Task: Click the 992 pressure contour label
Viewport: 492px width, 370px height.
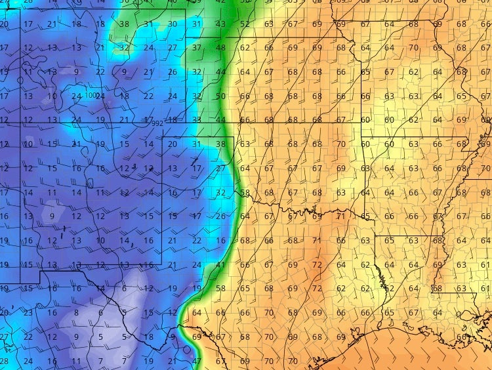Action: [x=157, y=123]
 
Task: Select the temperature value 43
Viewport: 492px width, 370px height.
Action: [x=220, y=24]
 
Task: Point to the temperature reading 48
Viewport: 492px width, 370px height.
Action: [x=220, y=48]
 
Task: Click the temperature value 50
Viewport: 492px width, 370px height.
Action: [x=220, y=96]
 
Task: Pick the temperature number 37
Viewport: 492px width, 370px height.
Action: [x=197, y=48]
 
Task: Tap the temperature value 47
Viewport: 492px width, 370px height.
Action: [x=197, y=361]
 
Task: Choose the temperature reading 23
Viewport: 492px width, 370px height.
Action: [x=28, y=313]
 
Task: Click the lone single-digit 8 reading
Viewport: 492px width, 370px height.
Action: [x=76, y=313]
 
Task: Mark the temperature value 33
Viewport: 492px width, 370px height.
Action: [x=197, y=120]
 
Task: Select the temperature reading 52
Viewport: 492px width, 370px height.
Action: [x=245, y=24]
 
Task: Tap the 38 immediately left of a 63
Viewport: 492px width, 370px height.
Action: [x=220, y=144]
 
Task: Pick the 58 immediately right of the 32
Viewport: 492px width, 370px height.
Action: [x=245, y=193]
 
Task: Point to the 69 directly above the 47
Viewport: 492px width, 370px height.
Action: [x=197, y=337]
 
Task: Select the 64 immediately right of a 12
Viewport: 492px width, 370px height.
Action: [x=197, y=313]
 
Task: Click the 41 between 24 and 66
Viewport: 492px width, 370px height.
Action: [x=220, y=265]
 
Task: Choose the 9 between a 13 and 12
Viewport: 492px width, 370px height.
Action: [x=52, y=216]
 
